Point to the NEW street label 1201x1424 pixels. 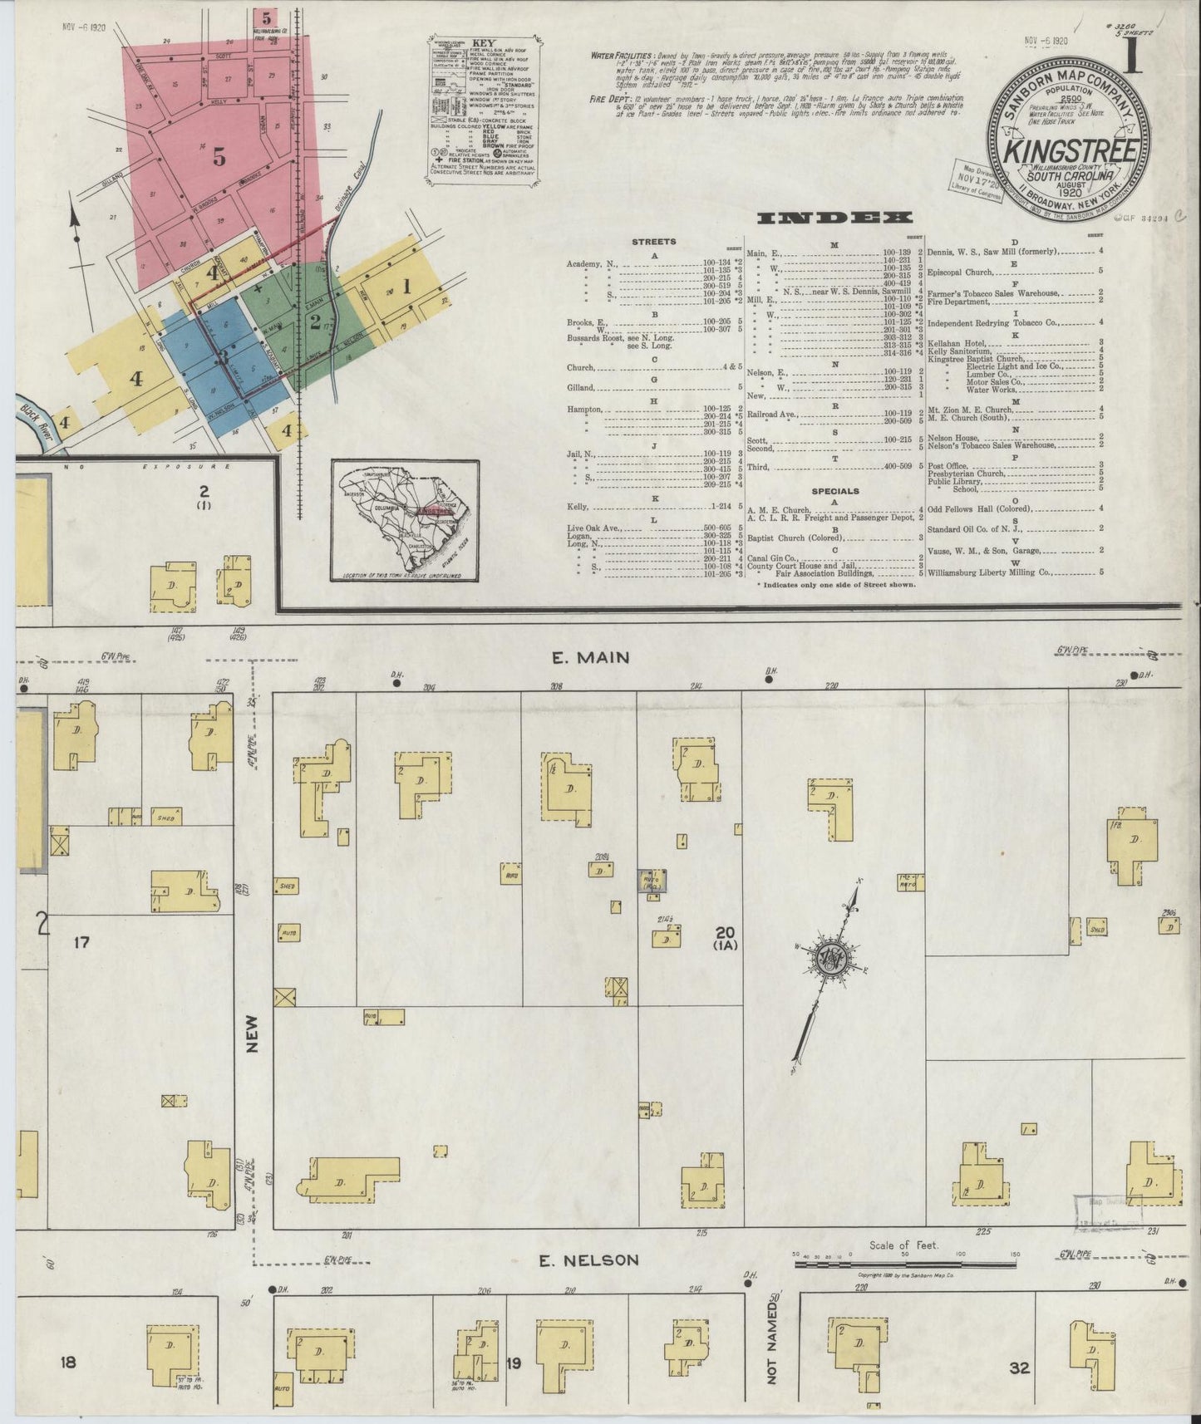tap(253, 1035)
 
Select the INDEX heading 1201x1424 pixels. tap(835, 219)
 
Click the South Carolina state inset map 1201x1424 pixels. tap(404, 521)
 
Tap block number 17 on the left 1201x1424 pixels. tap(81, 942)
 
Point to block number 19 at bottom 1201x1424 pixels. tap(514, 1363)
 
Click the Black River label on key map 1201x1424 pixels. tap(33, 411)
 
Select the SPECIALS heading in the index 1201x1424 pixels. tap(835, 491)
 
